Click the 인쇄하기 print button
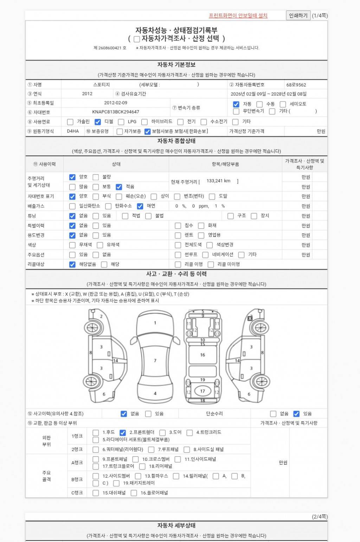(298, 15)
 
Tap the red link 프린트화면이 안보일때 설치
(238, 15)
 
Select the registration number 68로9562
(296, 85)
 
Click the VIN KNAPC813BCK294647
(116, 112)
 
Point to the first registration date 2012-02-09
(116, 103)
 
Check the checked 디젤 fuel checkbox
(98, 122)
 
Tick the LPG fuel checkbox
(121, 122)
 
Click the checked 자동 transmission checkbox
(236, 104)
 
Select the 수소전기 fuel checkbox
(204, 122)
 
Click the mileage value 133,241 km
(218, 181)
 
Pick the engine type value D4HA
(73, 131)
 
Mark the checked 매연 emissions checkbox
(140, 206)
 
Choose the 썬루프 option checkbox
(178, 255)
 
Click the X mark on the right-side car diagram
(250, 318)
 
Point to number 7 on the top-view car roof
(155, 361)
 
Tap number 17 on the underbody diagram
(202, 391)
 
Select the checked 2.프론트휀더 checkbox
(123, 433)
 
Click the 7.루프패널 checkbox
(151, 450)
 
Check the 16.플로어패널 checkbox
(134, 493)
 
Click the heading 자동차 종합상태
(176, 141)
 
